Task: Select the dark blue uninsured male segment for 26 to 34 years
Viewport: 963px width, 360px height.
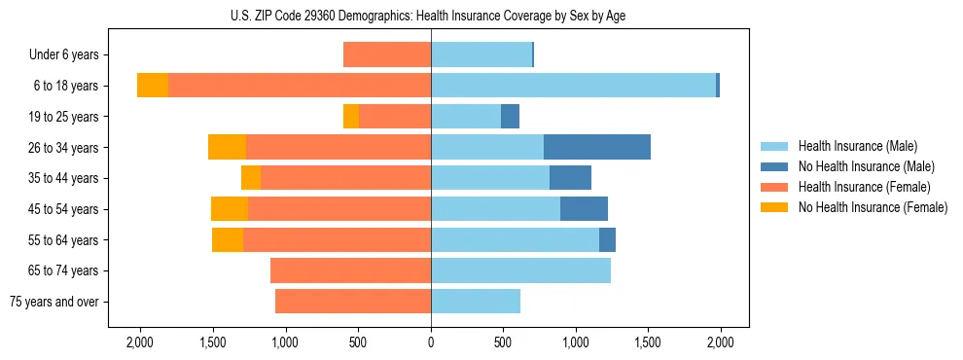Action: tap(596, 147)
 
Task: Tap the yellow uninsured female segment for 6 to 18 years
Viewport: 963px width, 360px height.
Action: tap(153, 86)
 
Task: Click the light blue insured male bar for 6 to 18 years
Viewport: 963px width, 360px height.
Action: tap(573, 86)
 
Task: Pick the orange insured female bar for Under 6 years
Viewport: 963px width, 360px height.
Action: tap(387, 54)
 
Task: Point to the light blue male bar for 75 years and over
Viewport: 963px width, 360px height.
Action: tap(476, 302)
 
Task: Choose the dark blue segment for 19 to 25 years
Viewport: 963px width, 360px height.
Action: tap(510, 117)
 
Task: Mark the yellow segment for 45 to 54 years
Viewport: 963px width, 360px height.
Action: tap(230, 209)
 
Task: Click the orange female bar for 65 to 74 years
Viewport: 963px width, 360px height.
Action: tap(350, 270)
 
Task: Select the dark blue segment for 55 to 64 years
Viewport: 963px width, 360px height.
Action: tap(607, 239)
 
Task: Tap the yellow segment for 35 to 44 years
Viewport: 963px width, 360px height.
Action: tap(251, 178)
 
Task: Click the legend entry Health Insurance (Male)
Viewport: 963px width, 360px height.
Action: tap(857, 146)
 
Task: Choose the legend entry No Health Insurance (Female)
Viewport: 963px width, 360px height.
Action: tap(873, 207)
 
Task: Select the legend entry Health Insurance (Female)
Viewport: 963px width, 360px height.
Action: tap(864, 187)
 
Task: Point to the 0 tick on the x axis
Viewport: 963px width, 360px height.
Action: tap(431, 342)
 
